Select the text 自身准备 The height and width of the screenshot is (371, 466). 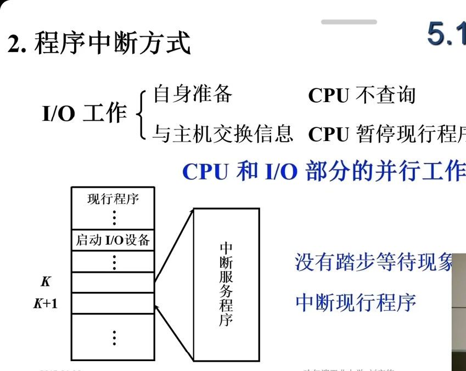point(193,94)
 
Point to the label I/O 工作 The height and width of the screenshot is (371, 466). point(85,114)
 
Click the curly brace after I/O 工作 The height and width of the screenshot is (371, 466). point(141,114)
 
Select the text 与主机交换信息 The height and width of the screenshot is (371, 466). point(222,133)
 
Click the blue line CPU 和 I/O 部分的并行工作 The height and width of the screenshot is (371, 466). point(323,171)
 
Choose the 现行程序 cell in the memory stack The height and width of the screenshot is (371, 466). point(113,199)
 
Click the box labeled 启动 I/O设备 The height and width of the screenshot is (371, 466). point(113,240)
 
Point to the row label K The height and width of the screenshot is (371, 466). point(46,282)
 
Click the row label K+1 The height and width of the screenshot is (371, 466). point(46,303)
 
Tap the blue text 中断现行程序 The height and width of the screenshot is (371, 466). point(356,302)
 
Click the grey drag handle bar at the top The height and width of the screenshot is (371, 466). point(349,22)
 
